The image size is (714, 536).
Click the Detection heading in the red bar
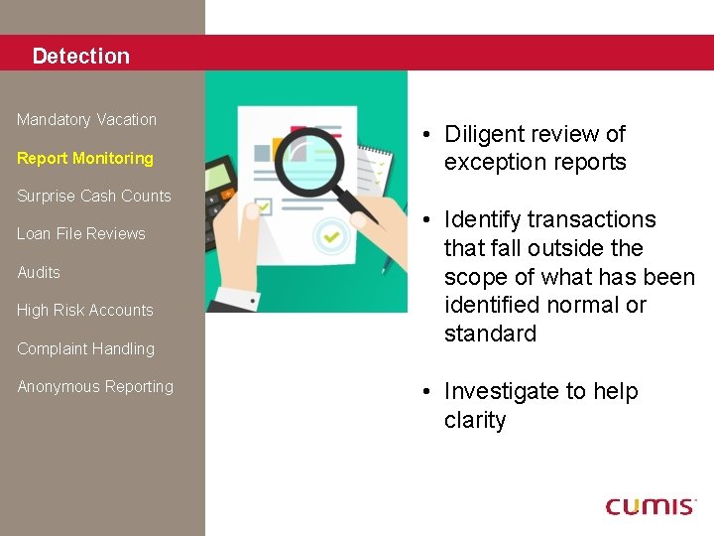coord(80,57)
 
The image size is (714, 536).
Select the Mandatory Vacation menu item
coord(86,120)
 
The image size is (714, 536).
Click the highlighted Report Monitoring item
coord(85,158)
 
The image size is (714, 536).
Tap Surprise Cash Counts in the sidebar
coord(93,196)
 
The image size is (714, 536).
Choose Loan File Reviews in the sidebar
coord(80,234)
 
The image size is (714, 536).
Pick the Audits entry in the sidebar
coord(39,272)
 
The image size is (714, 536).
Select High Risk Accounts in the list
coord(84,311)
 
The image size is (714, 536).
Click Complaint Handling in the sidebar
coord(85,348)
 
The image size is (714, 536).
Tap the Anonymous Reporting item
coord(94,387)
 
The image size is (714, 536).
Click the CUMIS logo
coord(651,506)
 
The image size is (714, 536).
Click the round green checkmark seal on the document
coord(329,238)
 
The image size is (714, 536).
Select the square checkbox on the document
coord(264,207)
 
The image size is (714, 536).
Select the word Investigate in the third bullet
coord(502,391)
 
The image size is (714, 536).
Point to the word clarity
coord(475,420)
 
